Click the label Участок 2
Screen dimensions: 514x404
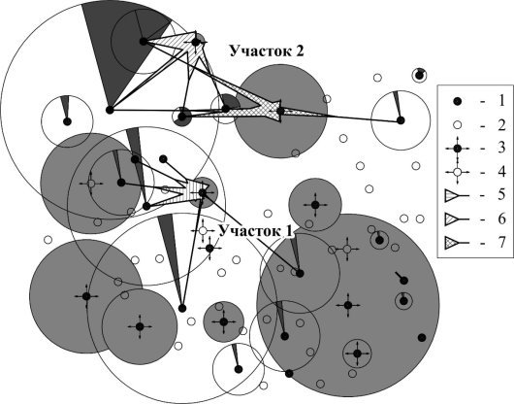pos(267,51)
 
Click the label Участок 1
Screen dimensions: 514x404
pos(255,231)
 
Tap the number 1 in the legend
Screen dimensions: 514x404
pos(500,101)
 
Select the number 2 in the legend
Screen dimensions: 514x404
pos(501,125)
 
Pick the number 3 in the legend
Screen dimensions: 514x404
pos(501,149)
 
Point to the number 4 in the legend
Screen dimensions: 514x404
pos(501,172)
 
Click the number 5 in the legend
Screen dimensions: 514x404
pos(501,195)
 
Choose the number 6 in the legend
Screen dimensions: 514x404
pos(501,219)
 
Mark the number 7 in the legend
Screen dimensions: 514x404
pos(501,242)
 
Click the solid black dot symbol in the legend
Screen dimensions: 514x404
pos(458,102)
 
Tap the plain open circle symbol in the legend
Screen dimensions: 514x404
pos(458,125)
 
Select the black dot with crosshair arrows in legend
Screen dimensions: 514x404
pos(458,149)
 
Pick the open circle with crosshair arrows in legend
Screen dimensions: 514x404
pos(458,172)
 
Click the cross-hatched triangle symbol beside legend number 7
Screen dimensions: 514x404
pos(452,243)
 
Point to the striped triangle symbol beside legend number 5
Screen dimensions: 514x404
pos(452,196)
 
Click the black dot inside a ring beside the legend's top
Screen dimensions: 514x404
pos(419,76)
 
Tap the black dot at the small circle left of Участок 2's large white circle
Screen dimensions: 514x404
pos(67,121)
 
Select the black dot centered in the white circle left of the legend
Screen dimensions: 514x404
pos(401,120)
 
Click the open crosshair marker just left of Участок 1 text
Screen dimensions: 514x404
pos(203,231)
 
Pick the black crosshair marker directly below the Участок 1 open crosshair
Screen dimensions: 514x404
pos(209,249)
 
